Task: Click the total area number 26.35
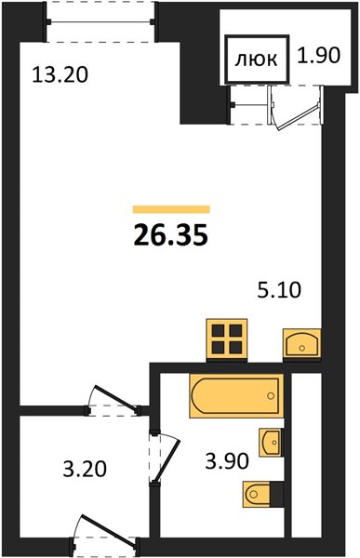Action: tap(170, 236)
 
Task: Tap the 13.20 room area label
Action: tap(60, 75)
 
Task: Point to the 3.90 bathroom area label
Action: tap(226, 461)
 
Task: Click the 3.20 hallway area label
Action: tap(85, 469)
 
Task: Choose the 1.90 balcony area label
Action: tap(319, 55)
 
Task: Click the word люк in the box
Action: tap(256, 60)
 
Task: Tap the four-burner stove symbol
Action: tap(226, 339)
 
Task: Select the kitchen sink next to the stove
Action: tap(302, 343)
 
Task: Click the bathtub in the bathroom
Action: tap(236, 395)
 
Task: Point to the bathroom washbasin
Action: tap(271, 443)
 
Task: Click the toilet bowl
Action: tap(257, 494)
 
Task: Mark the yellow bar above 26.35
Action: tap(171, 209)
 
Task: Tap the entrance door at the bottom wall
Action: tap(107, 530)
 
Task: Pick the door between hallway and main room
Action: tap(113, 399)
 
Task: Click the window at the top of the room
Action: tap(101, 22)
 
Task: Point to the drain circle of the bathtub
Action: tap(271, 396)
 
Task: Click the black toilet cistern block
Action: tap(277, 494)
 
